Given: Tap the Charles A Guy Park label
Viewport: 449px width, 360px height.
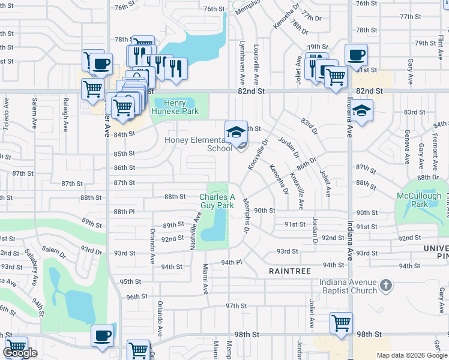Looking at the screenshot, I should point(217,200).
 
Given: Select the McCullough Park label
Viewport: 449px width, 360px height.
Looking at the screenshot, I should point(419,200).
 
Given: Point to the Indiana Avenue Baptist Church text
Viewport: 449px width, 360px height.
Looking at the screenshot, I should point(348,286).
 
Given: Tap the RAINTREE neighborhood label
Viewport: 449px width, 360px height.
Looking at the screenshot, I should point(290,271).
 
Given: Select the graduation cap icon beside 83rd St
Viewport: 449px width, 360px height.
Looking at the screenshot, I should point(361,110).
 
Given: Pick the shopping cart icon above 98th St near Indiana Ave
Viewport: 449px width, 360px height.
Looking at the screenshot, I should point(341,323).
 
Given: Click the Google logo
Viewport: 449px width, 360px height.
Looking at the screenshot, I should point(20,353).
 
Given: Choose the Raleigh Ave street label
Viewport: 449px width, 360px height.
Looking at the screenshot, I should point(65,114).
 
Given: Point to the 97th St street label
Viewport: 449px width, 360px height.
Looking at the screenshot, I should point(232,306).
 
